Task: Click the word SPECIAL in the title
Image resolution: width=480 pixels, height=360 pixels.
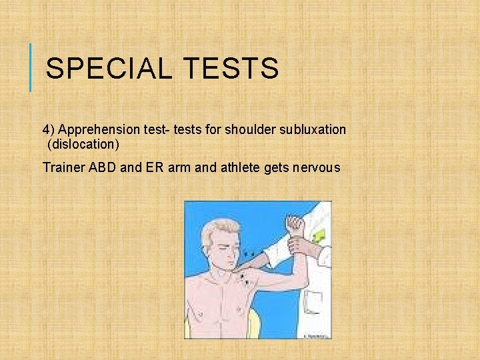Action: point(101,69)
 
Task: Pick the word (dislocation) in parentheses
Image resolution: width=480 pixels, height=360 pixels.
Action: point(83,144)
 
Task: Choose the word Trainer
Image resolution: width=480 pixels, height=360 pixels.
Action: point(63,167)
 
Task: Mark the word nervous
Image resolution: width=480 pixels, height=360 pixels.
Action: point(316,167)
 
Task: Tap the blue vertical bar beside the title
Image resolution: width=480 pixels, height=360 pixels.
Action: point(31,67)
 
